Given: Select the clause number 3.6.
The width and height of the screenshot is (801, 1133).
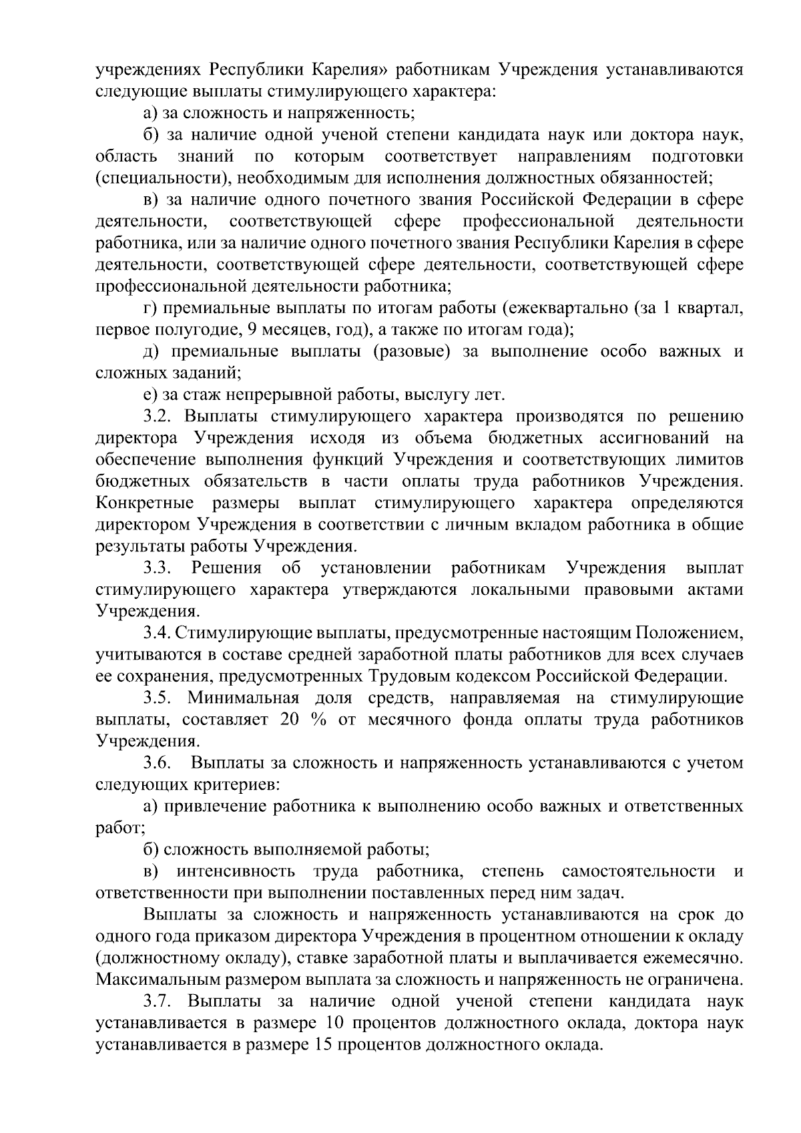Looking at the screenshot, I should pos(159,762).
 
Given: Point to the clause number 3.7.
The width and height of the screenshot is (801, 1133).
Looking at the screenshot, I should pos(159,1001).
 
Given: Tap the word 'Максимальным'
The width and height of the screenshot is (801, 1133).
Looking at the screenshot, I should pos(160,980).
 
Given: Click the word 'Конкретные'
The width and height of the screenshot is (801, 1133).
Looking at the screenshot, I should pos(145,503).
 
